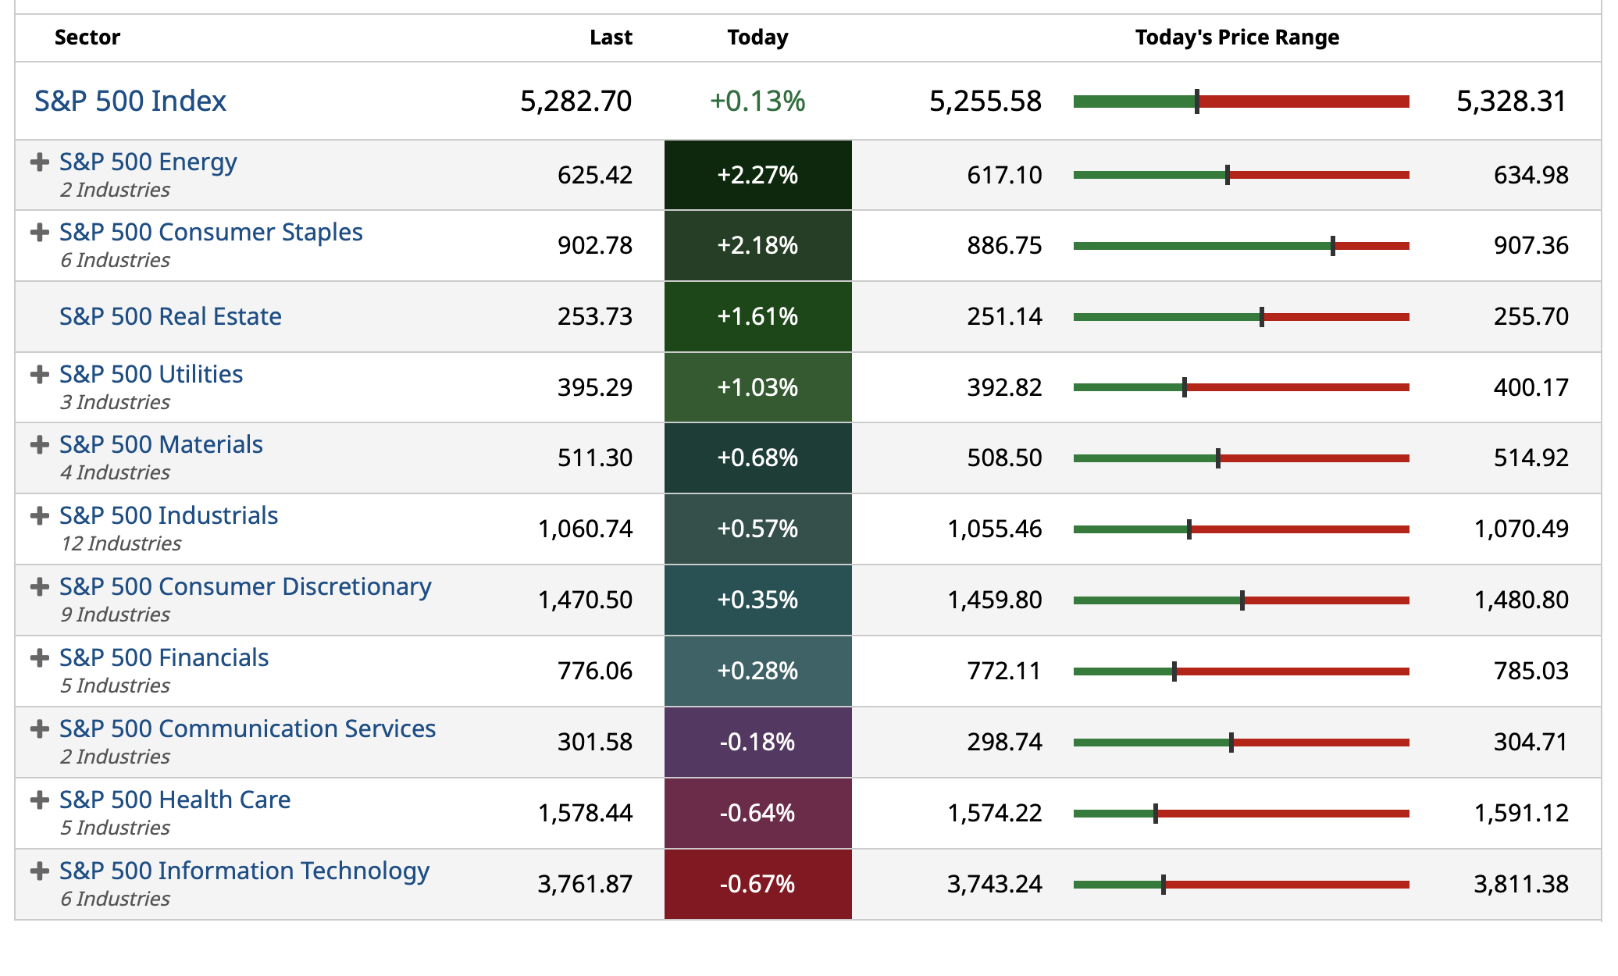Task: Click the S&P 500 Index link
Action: click(130, 102)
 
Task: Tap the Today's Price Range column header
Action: click(1237, 37)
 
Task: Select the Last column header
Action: click(611, 37)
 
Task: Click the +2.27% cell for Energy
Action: click(757, 175)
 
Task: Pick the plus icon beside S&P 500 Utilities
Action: click(39, 375)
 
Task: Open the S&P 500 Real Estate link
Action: click(170, 316)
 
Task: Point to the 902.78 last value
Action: click(595, 245)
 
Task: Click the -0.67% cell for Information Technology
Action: click(757, 884)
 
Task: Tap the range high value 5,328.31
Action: click(1511, 102)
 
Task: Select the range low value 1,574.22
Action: click(995, 813)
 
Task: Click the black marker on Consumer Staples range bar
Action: click(1333, 246)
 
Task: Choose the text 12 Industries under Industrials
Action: click(121, 543)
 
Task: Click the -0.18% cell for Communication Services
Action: click(757, 742)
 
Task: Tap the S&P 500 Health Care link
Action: click(175, 800)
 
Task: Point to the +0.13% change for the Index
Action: click(757, 102)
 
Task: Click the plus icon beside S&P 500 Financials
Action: click(39, 658)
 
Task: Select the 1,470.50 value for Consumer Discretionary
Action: click(586, 600)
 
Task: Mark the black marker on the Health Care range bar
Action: click(1156, 814)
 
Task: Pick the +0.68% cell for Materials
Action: click(757, 458)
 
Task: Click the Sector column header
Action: click(87, 37)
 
